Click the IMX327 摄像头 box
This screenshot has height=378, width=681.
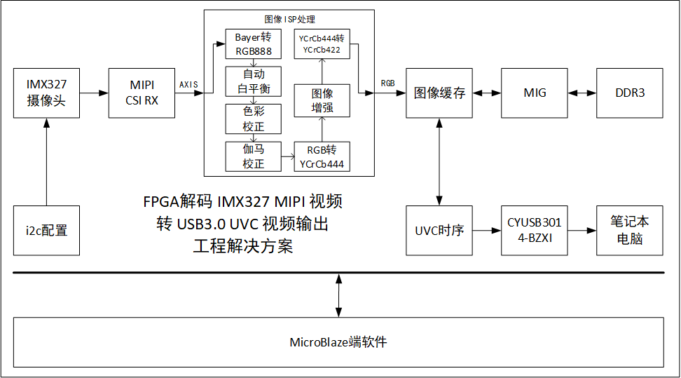click(46, 93)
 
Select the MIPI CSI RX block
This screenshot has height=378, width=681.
click(142, 93)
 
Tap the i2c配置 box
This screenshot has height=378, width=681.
click(46, 230)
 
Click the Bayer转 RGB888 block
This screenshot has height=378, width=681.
click(253, 44)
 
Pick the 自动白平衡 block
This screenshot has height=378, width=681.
click(253, 81)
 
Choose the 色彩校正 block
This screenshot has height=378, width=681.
click(253, 119)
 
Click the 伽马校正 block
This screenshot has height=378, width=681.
click(253, 156)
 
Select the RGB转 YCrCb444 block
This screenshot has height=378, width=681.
click(322, 156)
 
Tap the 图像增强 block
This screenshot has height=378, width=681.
click(322, 100)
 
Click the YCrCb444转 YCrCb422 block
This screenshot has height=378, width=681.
click(322, 44)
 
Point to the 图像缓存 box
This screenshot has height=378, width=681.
click(439, 93)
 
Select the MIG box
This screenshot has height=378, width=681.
click(535, 93)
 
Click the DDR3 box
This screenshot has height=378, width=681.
click(629, 93)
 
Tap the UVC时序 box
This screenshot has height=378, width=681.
click(439, 230)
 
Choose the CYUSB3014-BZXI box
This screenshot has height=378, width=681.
click(535, 230)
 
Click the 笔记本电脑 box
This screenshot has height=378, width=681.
click(629, 230)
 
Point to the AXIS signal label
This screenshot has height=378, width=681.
click(188, 84)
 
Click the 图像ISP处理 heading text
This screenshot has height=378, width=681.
click(289, 19)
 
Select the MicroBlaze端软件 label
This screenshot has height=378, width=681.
click(338, 342)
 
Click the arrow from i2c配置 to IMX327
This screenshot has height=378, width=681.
click(46, 161)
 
